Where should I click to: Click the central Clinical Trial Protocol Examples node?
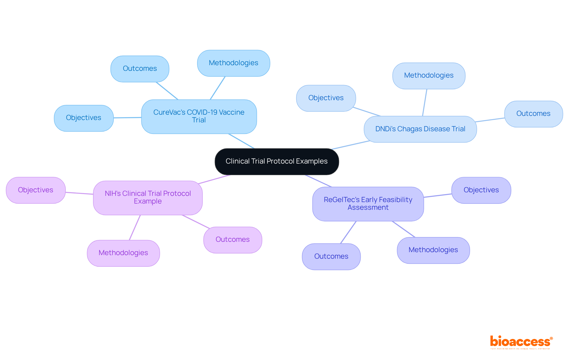pyautogui.click(x=276, y=161)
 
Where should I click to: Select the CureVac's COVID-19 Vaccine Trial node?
pyautogui.click(x=199, y=116)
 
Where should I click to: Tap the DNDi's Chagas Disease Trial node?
pyautogui.click(x=420, y=129)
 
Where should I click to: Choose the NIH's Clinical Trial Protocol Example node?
pyautogui.click(x=148, y=198)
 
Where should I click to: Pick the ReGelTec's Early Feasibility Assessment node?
pyautogui.click(x=368, y=204)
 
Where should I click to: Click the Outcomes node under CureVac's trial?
pyautogui.click(x=140, y=69)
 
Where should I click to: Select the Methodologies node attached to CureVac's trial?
pyautogui.click(x=233, y=63)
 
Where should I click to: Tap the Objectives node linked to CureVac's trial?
pyautogui.click(x=84, y=118)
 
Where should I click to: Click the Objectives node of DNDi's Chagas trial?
pyautogui.click(x=326, y=98)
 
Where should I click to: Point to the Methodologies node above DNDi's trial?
pyautogui.click(x=429, y=76)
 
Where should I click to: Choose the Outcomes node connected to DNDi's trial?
pyautogui.click(x=533, y=114)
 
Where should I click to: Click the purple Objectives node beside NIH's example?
pyautogui.click(x=36, y=190)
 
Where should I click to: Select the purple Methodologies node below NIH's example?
pyautogui.click(x=123, y=253)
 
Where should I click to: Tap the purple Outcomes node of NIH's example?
pyautogui.click(x=233, y=240)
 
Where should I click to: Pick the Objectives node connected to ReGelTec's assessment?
pyautogui.click(x=481, y=190)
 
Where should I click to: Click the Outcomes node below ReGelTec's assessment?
pyautogui.click(x=331, y=257)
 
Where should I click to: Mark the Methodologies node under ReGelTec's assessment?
pyautogui.click(x=433, y=250)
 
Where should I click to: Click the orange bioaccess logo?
pyautogui.click(x=521, y=342)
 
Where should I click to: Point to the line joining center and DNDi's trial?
pyautogui.click(x=351, y=145)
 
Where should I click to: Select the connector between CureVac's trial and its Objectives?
pyautogui.click(x=127, y=118)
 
